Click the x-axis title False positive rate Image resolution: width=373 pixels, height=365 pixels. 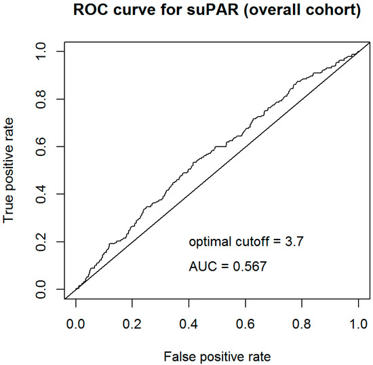click(x=216, y=355)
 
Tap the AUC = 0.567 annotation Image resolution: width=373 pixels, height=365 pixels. click(x=227, y=267)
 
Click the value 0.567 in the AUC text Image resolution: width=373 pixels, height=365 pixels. click(x=249, y=267)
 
